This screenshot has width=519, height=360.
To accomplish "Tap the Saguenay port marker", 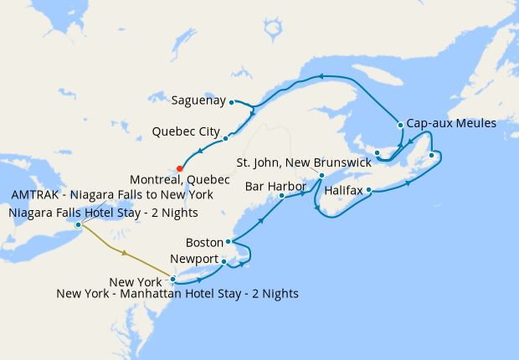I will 231,101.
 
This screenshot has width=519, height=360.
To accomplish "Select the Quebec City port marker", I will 226,138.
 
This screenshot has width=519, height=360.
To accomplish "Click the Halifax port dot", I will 369,190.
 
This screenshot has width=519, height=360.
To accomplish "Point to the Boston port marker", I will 229,241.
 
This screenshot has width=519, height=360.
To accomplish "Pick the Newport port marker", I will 224,262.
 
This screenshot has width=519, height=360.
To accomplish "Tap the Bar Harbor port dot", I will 281,195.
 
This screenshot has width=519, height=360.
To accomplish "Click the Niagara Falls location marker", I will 78,224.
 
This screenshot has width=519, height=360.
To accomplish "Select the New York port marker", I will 172,279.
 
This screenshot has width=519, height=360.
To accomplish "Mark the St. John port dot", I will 321,175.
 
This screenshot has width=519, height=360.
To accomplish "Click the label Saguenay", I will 198,101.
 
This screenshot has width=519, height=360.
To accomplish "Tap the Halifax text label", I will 343,191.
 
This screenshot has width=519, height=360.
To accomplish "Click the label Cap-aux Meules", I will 452,123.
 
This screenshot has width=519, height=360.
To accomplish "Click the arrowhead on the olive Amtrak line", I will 125,253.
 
